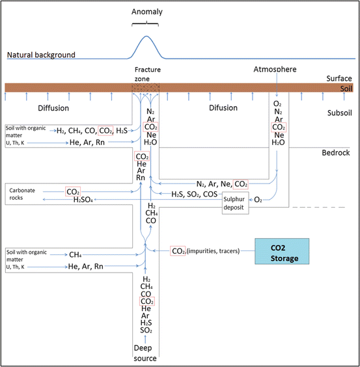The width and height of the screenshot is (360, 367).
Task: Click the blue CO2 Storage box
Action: point(282,251)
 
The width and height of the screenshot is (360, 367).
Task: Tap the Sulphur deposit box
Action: point(236,203)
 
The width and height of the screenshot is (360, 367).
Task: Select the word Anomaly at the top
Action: point(147,12)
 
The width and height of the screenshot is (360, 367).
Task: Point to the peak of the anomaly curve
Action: point(146,36)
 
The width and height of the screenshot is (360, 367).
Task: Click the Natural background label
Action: point(41,55)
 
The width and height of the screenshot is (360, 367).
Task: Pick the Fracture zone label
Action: point(148,74)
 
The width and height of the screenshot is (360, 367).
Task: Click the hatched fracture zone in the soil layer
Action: point(145,88)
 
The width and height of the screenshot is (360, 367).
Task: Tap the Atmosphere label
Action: point(275,69)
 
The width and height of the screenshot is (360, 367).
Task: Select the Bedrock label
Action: point(336,153)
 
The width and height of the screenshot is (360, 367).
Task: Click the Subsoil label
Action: point(340,113)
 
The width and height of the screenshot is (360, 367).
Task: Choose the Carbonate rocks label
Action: point(22,194)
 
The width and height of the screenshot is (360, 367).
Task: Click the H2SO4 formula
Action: point(83,200)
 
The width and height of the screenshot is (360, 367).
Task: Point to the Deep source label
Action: point(145,353)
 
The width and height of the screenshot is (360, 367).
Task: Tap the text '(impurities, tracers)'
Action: point(213,251)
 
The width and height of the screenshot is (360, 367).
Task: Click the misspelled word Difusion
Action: point(223,108)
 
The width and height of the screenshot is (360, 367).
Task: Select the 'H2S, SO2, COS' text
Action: point(195,195)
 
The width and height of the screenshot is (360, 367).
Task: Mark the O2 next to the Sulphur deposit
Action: point(258,200)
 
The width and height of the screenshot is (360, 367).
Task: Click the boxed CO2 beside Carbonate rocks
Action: point(73,192)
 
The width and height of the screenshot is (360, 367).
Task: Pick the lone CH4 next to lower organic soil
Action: point(75,254)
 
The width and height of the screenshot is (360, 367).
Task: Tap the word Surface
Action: point(339,78)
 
